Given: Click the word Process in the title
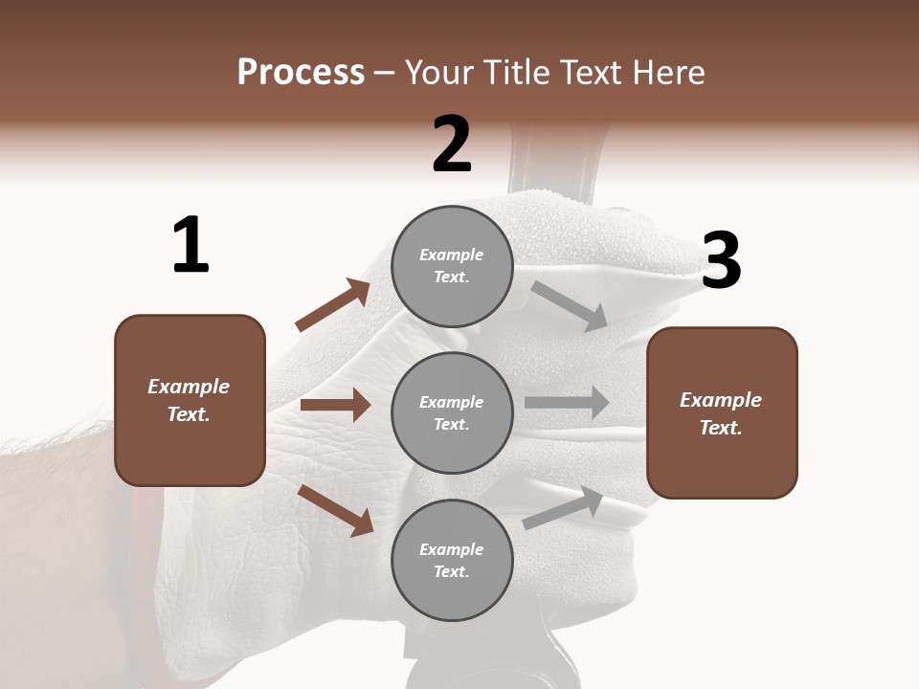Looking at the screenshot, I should (301, 73).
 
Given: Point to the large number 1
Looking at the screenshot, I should (191, 245).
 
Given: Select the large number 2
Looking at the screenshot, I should (452, 144).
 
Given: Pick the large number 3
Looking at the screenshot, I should (722, 260).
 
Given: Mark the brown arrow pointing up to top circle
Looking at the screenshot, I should (333, 305).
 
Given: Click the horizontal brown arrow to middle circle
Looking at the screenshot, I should (335, 405).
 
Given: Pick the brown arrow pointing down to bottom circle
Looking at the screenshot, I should (336, 509).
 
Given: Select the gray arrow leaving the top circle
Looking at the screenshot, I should (569, 305).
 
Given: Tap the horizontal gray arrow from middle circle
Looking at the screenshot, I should (567, 403).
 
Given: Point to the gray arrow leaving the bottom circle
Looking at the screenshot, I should (563, 507).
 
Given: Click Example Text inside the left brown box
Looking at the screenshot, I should (189, 400).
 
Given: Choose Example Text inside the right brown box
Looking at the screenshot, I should (721, 413).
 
